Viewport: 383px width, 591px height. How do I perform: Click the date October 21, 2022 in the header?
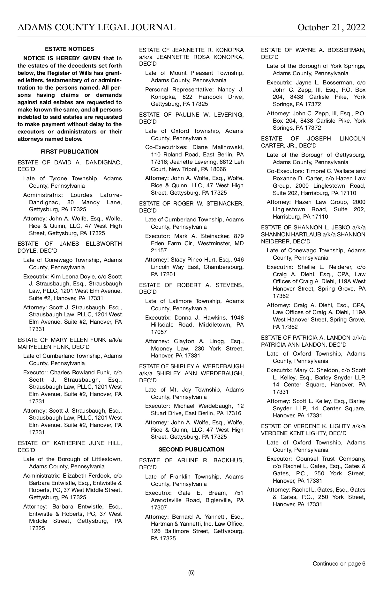click(331, 27)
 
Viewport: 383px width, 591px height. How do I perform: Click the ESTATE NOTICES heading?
click(70, 49)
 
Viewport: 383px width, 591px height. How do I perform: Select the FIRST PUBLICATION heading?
click(70, 152)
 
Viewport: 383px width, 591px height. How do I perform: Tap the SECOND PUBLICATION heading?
click(191, 450)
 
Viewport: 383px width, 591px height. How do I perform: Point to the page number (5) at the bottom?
click(191, 573)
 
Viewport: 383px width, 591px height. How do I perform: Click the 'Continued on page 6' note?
click(339, 564)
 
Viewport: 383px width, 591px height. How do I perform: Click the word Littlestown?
click(107, 459)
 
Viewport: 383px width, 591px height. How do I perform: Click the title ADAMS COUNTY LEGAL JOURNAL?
click(96, 27)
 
